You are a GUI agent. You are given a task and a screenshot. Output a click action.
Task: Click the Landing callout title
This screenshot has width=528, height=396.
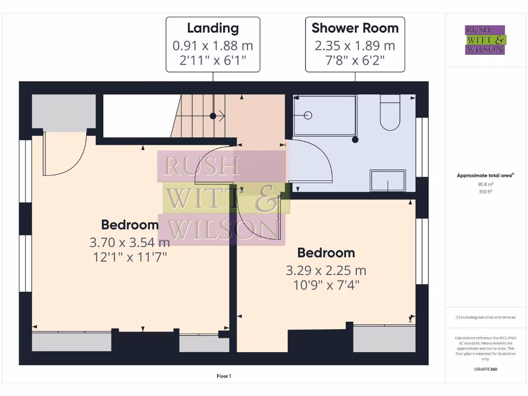pyautogui.click(x=212, y=28)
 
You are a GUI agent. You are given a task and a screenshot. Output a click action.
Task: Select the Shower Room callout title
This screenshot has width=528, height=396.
pyautogui.click(x=355, y=28)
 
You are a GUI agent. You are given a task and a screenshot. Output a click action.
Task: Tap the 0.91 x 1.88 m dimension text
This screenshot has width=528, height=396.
pyautogui.click(x=212, y=46)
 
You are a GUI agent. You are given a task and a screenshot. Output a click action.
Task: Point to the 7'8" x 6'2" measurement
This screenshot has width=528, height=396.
pyautogui.click(x=355, y=62)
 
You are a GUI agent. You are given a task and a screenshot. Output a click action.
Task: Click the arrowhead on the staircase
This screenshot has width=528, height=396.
pyautogui.click(x=222, y=116)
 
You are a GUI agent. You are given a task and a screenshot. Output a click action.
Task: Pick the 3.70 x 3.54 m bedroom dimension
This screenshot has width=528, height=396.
pyautogui.click(x=129, y=242)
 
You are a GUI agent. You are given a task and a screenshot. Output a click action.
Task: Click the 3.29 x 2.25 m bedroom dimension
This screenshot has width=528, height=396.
pyautogui.click(x=326, y=270)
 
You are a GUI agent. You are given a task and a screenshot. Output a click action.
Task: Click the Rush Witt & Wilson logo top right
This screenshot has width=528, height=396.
pyautogui.click(x=485, y=40)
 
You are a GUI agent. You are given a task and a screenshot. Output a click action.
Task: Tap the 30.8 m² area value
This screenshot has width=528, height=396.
pyautogui.click(x=485, y=184)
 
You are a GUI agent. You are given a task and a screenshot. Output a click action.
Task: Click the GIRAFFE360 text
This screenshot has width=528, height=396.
pyautogui.click(x=485, y=369)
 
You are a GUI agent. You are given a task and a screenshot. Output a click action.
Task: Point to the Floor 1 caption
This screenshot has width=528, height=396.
pyautogui.click(x=224, y=376)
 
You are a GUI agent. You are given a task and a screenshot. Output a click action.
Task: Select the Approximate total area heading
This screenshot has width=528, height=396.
pyautogui.click(x=485, y=176)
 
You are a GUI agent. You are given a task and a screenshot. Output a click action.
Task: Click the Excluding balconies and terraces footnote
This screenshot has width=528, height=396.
pyautogui.click(x=485, y=317)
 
